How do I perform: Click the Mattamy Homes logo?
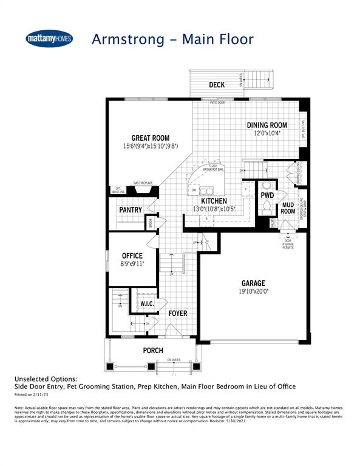pyautogui.click(x=50, y=38)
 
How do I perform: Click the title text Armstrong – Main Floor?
pyautogui.click(x=172, y=39)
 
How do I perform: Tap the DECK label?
pyautogui.click(x=217, y=85)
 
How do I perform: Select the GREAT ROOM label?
pyautogui.click(x=151, y=138)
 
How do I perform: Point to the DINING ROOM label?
pyautogui.click(x=267, y=125)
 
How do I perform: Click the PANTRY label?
pyautogui.click(x=131, y=210)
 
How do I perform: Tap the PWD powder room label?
pyautogui.click(x=267, y=196)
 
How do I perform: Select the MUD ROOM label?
pyautogui.click(x=288, y=208)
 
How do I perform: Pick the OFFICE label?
pyautogui.click(x=132, y=256)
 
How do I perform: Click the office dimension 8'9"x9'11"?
pyautogui.click(x=132, y=264)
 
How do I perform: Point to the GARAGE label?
pyautogui.click(x=253, y=283)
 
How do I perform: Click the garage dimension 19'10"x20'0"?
pyautogui.click(x=253, y=291)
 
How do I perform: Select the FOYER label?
pyautogui.click(x=178, y=313)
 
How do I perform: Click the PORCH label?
pyautogui.click(x=153, y=351)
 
